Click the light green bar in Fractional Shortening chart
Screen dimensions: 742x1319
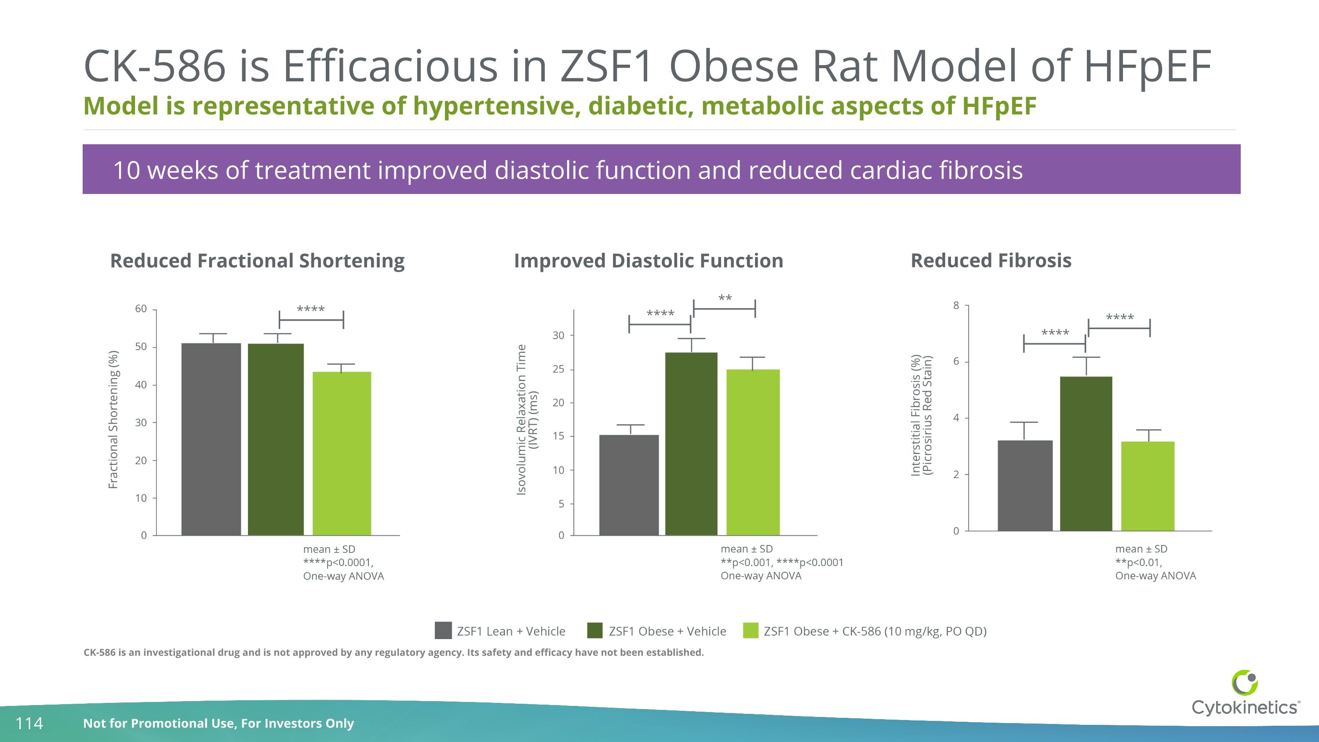pos(342,453)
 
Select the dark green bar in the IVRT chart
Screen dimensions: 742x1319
pos(691,443)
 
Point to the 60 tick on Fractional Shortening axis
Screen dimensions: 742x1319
pos(141,309)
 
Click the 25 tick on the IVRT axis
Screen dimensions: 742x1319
pos(558,369)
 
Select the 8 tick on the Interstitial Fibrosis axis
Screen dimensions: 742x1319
pos(956,306)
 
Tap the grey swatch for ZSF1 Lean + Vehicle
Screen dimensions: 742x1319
pos(443,630)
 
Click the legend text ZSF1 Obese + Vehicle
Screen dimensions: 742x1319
pos(667,632)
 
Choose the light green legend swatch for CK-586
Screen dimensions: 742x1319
pos(750,630)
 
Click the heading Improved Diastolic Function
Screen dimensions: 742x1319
pos(648,261)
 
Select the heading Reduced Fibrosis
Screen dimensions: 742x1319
pos(991,261)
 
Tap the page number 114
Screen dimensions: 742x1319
pos(29,723)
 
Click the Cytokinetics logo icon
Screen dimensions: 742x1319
pos(1244,683)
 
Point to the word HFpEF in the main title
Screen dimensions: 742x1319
pos(1147,66)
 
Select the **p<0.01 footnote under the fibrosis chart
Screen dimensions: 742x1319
pos(1138,562)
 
